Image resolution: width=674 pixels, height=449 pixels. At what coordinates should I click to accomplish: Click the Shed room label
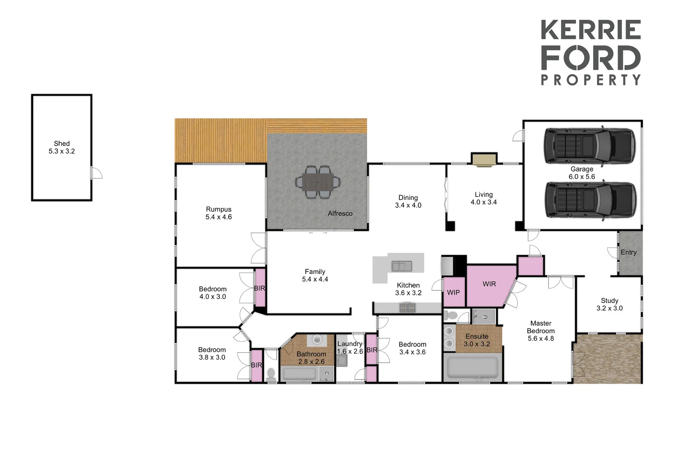[62, 143]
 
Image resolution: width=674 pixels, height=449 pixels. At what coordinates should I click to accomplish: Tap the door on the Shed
[96, 173]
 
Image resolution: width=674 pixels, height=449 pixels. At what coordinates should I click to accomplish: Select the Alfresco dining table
[318, 182]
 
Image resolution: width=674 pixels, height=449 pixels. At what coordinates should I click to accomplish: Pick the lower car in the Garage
[590, 200]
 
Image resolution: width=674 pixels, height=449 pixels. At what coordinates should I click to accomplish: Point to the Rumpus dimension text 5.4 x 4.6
[219, 217]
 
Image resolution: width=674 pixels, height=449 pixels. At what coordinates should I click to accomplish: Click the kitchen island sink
[401, 266]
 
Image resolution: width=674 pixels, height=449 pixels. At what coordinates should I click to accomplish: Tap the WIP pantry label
[453, 292]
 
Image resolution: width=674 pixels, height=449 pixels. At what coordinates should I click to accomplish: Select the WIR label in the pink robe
[489, 284]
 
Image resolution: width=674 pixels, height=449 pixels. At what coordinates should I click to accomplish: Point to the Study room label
[610, 300]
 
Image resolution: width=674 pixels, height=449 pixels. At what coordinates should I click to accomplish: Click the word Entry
[629, 252]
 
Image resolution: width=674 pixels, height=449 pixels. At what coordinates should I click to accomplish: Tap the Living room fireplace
[484, 159]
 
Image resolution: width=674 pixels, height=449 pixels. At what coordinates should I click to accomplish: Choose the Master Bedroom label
[541, 327]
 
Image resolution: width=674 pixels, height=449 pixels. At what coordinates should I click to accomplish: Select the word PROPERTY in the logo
[591, 80]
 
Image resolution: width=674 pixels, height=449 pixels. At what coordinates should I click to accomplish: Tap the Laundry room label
[350, 344]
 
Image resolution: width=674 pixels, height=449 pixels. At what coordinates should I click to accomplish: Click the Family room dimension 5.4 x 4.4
[315, 279]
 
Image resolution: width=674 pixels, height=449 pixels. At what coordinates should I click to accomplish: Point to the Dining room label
[408, 198]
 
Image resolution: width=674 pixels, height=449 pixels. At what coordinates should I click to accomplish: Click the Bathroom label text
[311, 354]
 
